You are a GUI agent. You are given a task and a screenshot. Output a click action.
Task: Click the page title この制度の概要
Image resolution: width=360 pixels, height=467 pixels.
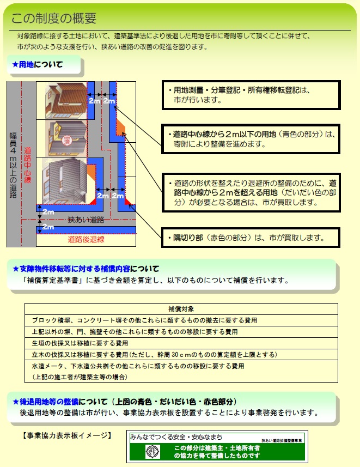(54, 18)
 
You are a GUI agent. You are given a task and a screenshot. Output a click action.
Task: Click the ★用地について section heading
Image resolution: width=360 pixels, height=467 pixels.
(38, 65)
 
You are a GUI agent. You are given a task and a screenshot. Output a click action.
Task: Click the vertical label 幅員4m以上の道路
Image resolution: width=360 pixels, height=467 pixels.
(13, 164)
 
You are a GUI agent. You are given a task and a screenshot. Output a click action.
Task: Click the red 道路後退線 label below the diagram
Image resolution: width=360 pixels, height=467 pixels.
(86, 239)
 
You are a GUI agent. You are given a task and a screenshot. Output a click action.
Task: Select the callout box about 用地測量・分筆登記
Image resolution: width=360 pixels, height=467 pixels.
(251, 95)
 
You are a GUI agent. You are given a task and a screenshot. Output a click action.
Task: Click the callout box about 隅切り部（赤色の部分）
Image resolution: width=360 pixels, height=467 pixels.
(251, 238)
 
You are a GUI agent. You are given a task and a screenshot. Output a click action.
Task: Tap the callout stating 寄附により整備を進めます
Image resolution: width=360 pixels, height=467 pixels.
(251, 139)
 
